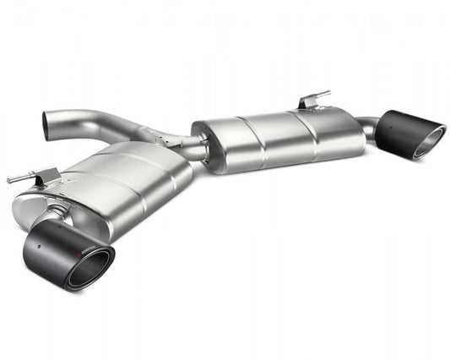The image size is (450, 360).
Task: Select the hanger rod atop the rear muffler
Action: point(316,96)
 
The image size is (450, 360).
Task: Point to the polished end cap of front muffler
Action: point(42,203)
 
